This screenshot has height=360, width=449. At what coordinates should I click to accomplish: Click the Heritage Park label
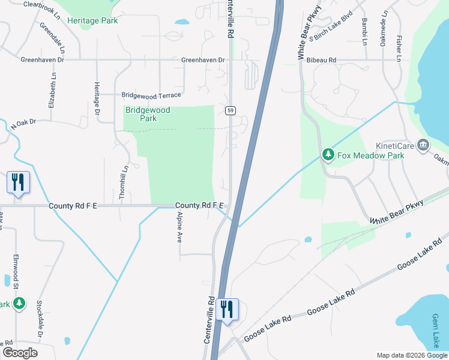[x=92, y=20]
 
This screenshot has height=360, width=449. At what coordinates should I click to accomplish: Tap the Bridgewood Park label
[x=148, y=114]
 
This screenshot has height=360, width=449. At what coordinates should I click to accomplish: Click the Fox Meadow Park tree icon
[x=328, y=155]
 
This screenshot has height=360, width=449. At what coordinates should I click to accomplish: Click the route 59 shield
[x=230, y=110]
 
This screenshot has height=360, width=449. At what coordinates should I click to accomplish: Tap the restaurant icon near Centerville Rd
[x=228, y=310]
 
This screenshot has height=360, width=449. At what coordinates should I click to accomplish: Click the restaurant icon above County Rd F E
[x=17, y=182]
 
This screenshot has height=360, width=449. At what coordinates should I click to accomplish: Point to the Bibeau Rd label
[x=321, y=61]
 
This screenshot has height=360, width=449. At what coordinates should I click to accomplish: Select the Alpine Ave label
[x=179, y=226]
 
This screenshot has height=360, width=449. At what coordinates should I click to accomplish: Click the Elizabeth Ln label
[x=54, y=90]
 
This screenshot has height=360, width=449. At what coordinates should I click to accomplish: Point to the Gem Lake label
[x=436, y=330]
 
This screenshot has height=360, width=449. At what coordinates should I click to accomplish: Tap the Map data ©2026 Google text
[x=411, y=355]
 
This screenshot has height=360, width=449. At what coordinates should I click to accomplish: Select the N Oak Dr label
[x=23, y=124]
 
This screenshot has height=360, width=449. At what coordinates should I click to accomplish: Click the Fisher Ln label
[x=399, y=47]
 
